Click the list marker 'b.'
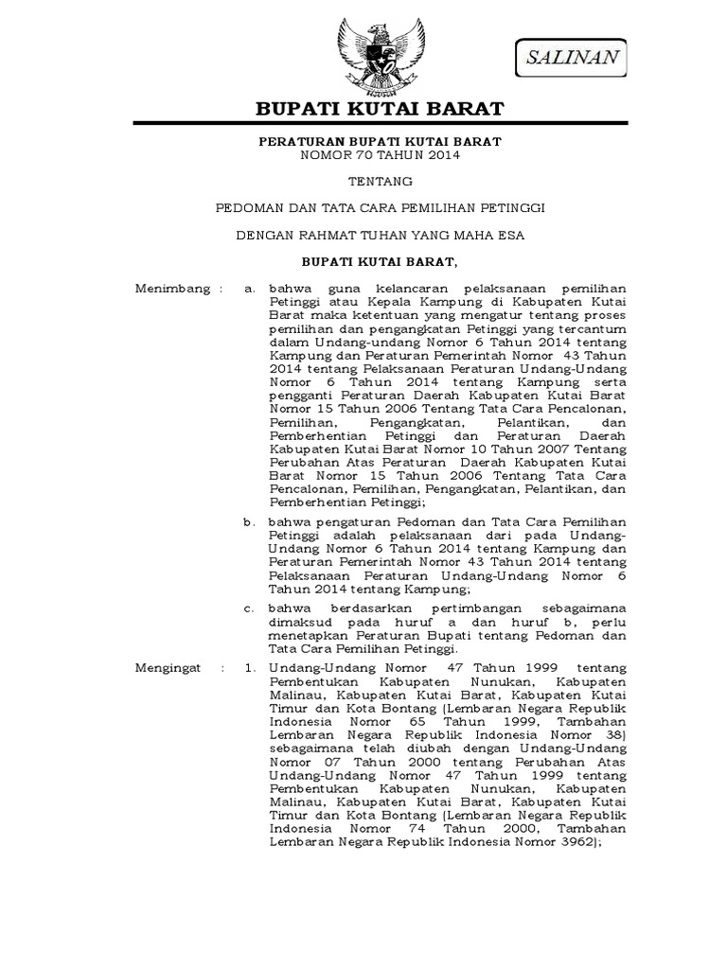pyautogui.click(x=249, y=521)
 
